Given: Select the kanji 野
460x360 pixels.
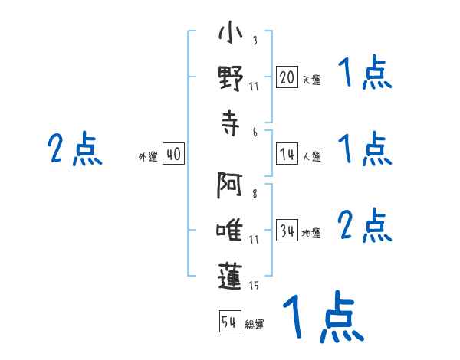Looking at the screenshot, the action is click(231, 79).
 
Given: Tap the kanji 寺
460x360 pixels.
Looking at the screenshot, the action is click(231, 123).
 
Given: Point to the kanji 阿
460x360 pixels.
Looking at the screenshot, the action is click(229, 185).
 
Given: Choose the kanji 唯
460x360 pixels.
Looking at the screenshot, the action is click(229, 230).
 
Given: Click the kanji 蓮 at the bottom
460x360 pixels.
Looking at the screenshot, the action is click(230, 277).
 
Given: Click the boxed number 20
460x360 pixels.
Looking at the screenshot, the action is click(287, 77).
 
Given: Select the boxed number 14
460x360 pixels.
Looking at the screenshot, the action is click(287, 154).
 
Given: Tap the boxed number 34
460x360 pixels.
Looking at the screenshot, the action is click(287, 230).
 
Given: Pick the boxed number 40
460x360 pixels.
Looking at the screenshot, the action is click(173, 154).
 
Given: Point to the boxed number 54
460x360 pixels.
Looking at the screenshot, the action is click(230, 321).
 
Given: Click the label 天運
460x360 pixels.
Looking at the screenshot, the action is click(312, 80).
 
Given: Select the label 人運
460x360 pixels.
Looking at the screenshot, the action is click(312, 156).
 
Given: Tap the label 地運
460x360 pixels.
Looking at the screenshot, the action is click(311, 233).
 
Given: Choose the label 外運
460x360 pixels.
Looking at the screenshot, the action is click(148, 156).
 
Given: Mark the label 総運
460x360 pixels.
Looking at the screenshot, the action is click(255, 324).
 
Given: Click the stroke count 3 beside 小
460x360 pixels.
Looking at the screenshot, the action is click(255, 40).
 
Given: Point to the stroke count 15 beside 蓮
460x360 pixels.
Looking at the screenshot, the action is click(254, 285).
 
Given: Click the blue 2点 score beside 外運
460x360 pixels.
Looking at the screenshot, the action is click(75, 149).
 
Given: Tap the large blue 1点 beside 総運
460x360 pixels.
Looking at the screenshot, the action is click(324, 316).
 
